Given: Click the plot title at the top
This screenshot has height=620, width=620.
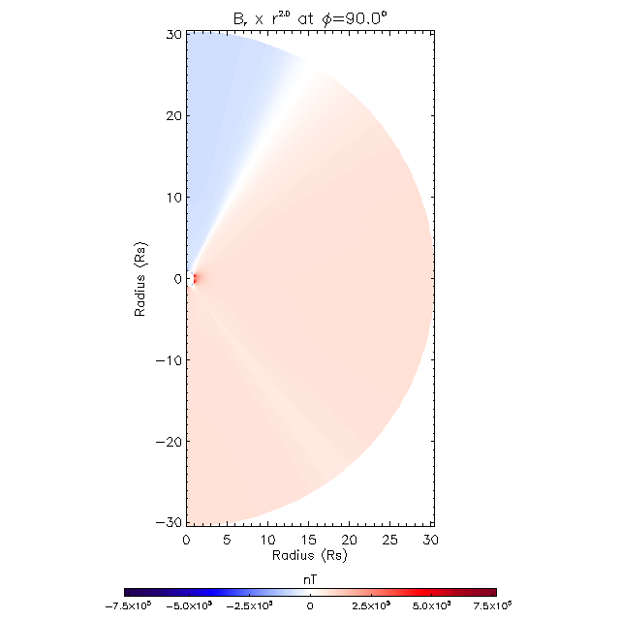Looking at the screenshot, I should [309, 15].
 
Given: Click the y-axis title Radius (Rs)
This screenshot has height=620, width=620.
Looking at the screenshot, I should [141, 279].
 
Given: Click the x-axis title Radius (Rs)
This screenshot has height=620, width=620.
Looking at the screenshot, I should [309, 556].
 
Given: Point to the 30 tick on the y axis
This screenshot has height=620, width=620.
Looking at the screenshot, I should [172, 35].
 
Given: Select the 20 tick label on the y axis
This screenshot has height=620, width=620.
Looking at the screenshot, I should [172, 116].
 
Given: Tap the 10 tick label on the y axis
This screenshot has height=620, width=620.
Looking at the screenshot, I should [172, 198].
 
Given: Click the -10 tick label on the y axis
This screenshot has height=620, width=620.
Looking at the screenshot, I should [169, 360].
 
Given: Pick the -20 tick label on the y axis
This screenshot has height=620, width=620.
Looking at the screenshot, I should [169, 442].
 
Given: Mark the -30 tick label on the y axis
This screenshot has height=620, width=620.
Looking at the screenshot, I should [169, 522].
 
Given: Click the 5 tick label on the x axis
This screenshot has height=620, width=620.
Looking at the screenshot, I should [227, 539].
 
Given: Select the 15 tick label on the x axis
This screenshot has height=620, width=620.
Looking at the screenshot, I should [309, 539].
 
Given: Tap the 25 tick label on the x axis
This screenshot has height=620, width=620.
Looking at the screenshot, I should [391, 539].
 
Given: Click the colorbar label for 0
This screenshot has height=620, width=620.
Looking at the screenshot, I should [310, 605].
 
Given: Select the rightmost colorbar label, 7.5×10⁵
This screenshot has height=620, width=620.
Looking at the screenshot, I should [492, 605].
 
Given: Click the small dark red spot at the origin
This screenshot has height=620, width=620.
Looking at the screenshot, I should [194, 279].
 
